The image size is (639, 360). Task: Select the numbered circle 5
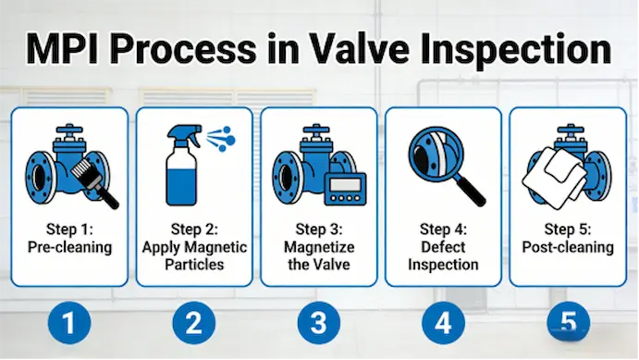[x=569, y=322]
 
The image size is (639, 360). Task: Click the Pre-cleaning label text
[x=69, y=248]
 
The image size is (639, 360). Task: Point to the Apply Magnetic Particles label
[x=194, y=248]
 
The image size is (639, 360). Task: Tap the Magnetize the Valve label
[x=319, y=248]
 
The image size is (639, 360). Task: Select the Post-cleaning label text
[x=568, y=248]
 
